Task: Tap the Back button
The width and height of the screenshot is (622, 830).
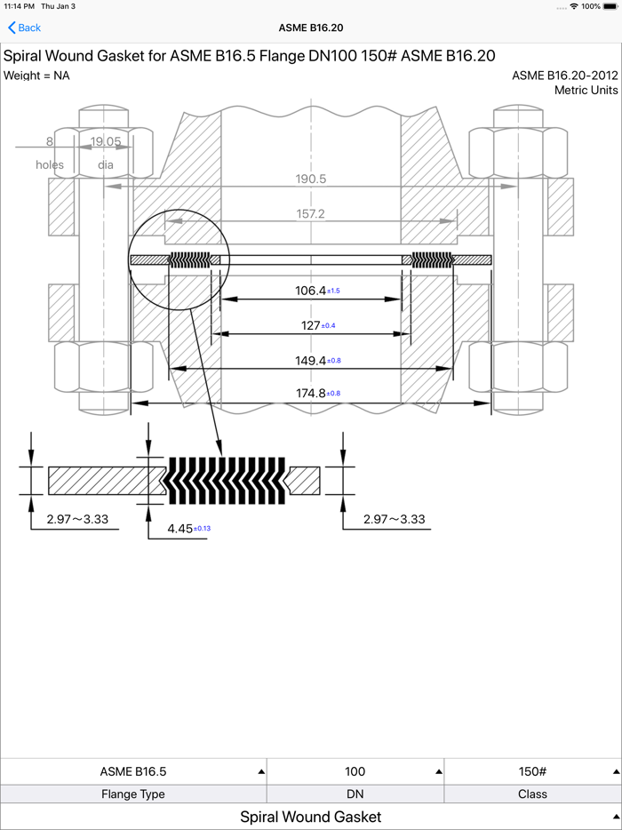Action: tap(24, 28)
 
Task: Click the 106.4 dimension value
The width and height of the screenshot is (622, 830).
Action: tap(310, 290)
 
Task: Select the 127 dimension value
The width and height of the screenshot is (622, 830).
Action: tap(311, 325)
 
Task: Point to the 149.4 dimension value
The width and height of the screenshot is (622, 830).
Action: tap(310, 361)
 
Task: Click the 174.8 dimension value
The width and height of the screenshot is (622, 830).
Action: tap(310, 394)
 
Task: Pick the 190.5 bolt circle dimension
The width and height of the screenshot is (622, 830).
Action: tap(311, 179)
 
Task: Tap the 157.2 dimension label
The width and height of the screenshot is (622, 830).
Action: tap(311, 214)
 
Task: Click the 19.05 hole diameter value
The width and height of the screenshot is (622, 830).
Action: tap(106, 141)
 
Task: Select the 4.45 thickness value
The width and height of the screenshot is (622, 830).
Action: tap(180, 528)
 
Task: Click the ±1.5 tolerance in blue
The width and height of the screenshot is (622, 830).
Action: tap(333, 291)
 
